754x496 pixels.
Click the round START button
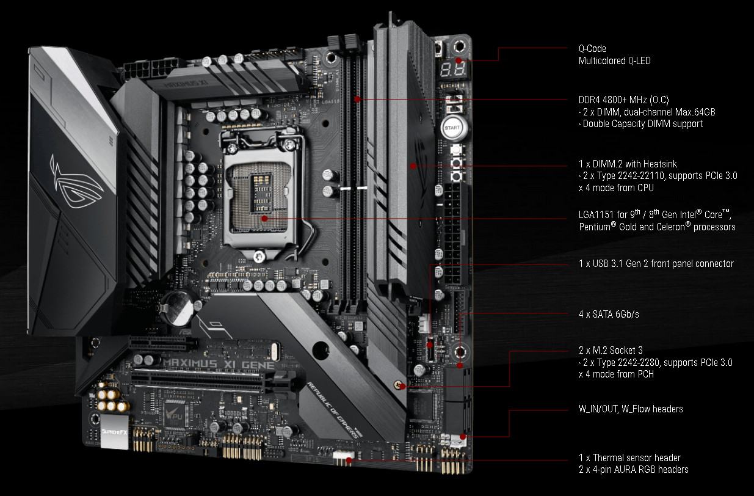click(452, 128)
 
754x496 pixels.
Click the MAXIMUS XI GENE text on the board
click(219, 363)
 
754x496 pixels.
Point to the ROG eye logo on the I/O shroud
click(76, 181)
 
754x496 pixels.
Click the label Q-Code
click(592, 49)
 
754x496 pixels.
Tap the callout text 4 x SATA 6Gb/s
click(609, 314)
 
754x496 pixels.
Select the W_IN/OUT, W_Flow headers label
click(631, 409)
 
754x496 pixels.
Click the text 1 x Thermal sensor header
click(629, 458)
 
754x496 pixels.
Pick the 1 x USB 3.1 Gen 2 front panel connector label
click(656, 263)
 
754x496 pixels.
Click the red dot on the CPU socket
click(264, 219)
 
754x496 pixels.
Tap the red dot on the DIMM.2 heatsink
click(413, 166)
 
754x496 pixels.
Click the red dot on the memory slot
click(357, 100)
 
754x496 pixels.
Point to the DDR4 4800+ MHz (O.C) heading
click(623, 100)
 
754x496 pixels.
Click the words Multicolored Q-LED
click(614, 61)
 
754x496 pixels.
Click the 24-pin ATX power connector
click(452, 234)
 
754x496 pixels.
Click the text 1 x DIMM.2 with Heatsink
click(628, 164)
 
